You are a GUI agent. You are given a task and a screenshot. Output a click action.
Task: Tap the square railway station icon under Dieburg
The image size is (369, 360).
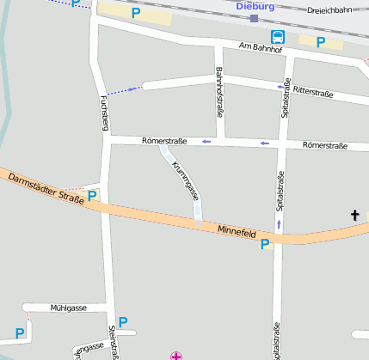254,17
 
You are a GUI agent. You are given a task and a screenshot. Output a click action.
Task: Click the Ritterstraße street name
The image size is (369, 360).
313,90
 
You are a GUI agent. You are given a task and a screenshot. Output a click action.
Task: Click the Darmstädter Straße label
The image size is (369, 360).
46,188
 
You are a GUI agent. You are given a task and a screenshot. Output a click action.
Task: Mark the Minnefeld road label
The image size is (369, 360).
237,232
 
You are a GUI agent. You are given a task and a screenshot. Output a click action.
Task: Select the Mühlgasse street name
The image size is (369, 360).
69,307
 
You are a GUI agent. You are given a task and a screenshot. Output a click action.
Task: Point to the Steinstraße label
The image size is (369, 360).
113,342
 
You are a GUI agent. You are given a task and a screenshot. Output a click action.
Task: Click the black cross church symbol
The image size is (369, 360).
354,214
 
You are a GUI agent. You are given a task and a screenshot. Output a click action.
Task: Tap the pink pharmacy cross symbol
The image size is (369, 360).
176,355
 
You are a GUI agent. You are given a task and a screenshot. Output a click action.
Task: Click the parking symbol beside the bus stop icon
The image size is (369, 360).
320,41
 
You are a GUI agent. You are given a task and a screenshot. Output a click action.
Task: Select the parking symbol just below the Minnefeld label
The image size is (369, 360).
265,245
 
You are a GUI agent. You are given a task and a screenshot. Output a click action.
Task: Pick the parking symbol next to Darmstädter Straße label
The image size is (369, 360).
92,196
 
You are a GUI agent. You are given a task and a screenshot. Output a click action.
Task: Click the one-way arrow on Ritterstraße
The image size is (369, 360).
280,86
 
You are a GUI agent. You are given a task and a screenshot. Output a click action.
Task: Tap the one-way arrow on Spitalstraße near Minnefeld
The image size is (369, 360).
278,225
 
